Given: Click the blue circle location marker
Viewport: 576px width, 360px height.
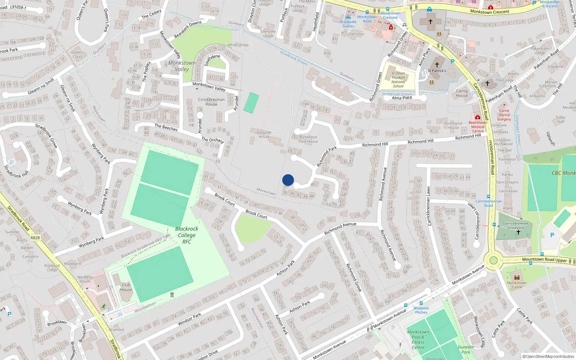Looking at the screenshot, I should [x=288, y=180].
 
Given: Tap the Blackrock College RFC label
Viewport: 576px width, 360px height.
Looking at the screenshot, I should [x=186, y=235].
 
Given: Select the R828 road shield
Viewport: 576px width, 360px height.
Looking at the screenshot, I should [x=35, y=238].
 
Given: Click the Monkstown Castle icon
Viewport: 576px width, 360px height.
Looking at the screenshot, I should [x=517, y=278].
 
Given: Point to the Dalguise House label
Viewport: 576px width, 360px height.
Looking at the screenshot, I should [x=264, y=134].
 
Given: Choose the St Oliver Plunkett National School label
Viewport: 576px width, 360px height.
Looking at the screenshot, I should [x=398, y=80].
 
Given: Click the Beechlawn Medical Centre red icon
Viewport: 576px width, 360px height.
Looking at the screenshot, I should [x=477, y=117].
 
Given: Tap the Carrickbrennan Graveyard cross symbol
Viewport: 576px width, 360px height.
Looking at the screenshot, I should [x=518, y=232].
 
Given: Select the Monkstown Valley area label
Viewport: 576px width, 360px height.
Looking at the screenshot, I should [x=182, y=66].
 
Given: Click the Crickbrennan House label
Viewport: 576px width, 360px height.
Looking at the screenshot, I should [x=211, y=102].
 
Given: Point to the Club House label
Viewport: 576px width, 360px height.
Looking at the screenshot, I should [x=126, y=287].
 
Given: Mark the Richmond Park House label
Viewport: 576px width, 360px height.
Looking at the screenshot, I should [x=308, y=139].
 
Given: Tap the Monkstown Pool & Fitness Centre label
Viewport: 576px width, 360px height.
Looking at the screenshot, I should [x=418, y=340].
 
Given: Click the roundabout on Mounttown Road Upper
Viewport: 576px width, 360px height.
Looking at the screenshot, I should [x=494, y=260].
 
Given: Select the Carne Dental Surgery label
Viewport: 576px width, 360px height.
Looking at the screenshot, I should [x=504, y=115].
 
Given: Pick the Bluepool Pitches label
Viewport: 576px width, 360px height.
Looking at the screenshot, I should [x=421, y=310].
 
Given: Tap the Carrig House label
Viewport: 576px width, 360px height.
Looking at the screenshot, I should [x=462, y=93].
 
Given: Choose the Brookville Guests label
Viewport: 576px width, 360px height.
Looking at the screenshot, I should [x=348, y=24].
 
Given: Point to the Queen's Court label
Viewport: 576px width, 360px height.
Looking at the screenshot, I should [x=77, y=54].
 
